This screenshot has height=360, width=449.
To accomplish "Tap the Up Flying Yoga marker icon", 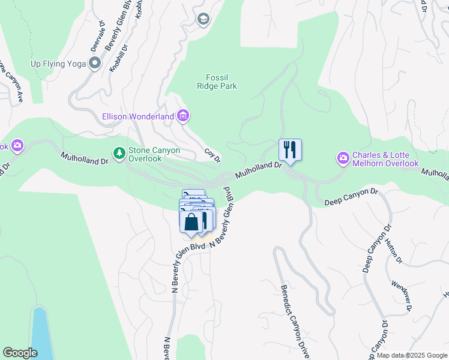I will click(94, 63).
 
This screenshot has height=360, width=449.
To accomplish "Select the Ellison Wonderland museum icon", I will click(183, 116).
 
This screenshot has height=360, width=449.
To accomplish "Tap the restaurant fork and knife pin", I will click(290, 150).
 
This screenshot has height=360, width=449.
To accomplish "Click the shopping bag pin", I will click(191, 222).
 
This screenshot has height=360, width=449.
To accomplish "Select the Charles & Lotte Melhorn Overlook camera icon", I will click(343, 158).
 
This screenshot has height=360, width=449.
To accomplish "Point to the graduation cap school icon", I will click(203, 20).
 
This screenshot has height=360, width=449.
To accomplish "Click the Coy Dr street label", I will click(212, 156).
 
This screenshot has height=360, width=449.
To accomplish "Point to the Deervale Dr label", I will click(97, 37).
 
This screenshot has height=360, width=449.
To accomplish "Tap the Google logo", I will click(20, 353).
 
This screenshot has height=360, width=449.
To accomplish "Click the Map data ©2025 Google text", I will click(412, 355).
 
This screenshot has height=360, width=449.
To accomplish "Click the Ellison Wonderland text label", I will click(138, 116).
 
